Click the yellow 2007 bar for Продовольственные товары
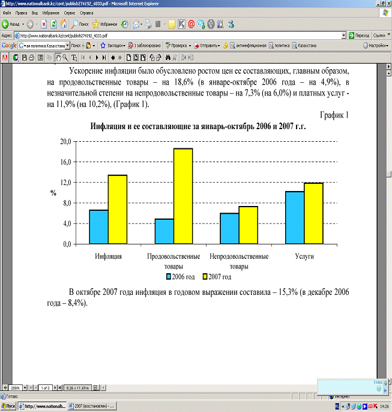pos(182,196)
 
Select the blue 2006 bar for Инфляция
pos(98,226)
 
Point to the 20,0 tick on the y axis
pos(64,142)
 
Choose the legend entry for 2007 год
pos(217,277)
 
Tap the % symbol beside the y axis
pos(53,193)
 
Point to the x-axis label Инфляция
pos(109,256)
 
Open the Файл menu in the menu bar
pos(8,12)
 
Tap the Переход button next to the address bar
pos(358,35)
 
